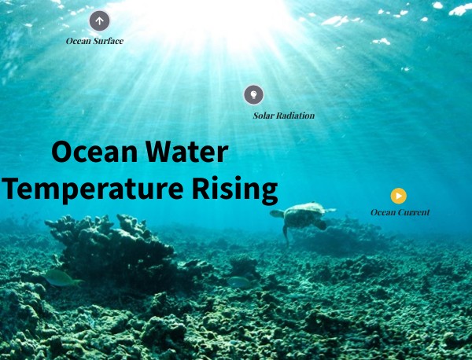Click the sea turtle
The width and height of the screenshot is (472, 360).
pos(302,216)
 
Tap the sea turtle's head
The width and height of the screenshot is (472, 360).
pos(276,213)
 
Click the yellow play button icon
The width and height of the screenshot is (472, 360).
pos(399,196)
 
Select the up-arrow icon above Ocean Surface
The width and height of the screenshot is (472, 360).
pos(99,20)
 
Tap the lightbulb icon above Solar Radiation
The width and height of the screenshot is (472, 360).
pos(253,95)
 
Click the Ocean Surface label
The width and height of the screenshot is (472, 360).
pos(94,41)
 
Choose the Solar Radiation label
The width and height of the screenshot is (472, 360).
pos(283,116)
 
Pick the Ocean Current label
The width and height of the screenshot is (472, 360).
pos(400,212)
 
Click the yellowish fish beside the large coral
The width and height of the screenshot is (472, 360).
pos(61,277)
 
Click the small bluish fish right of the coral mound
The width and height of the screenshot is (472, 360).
pos(240,281)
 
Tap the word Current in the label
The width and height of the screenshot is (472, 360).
pos(414,212)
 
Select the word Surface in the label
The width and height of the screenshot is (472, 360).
pos(109,41)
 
